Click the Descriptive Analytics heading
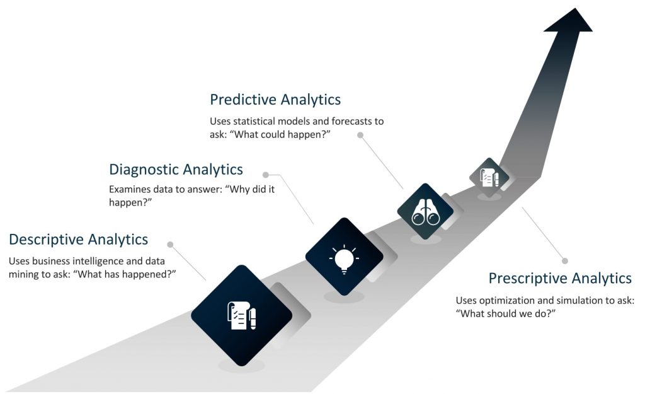[x=78, y=239]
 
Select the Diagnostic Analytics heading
[x=176, y=170]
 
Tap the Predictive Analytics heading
[x=275, y=100]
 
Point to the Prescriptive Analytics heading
[x=560, y=278]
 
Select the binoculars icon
[x=426, y=212]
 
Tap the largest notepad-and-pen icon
[x=242, y=315]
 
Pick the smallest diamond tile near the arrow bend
[x=489, y=177]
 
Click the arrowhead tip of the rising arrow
[x=574, y=8]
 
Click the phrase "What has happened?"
[x=124, y=274]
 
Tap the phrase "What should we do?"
[x=506, y=314]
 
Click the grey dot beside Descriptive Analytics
[x=170, y=245]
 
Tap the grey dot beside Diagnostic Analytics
[x=266, y=175]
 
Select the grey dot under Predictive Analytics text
[x=360, y=135]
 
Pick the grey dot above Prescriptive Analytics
[x=565, y=261]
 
